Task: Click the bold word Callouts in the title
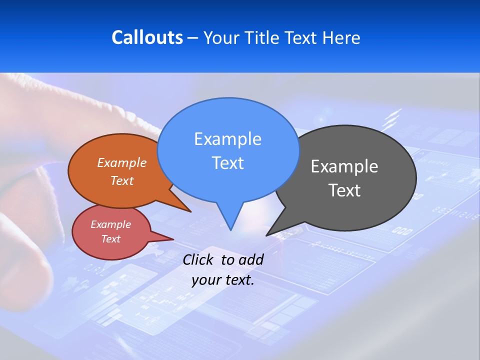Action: coord(147,37)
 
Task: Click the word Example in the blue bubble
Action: coord(227,138)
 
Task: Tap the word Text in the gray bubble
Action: coord(344,190)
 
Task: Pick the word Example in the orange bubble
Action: coord(122,162)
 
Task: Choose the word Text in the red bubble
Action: coord(110,239)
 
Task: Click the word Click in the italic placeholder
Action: coord(198,259)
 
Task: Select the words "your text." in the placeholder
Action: coord(222,280)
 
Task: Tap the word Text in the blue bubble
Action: coord(227,163)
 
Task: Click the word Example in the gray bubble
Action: coord(344,166)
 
